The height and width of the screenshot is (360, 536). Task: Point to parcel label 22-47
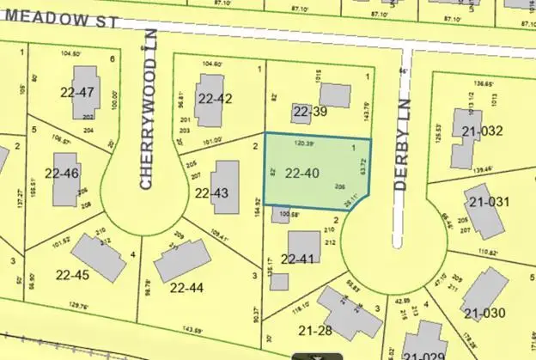(76, 92)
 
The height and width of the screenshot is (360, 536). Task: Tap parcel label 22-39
(311, 112)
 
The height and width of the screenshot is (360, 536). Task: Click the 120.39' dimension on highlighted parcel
(306, 143)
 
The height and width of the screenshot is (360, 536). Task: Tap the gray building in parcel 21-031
(487, 217)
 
